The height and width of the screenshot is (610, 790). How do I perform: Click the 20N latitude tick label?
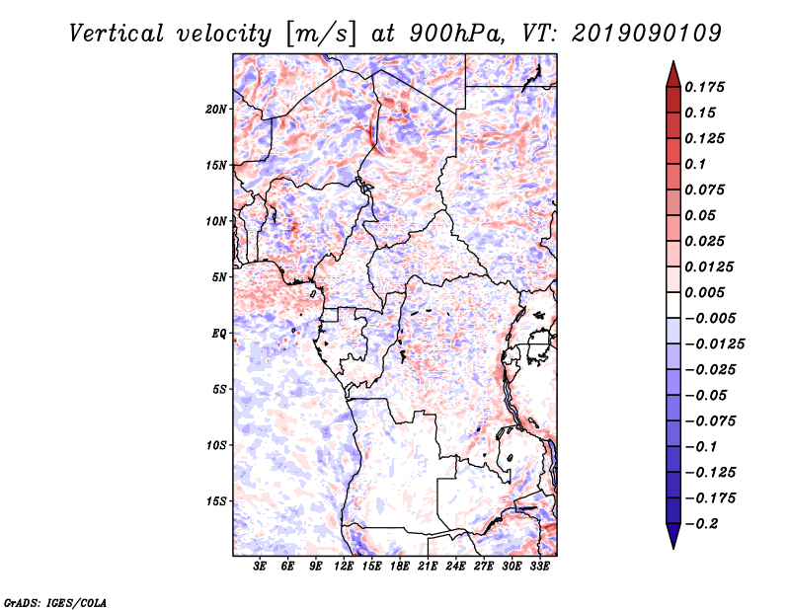click(215, 109)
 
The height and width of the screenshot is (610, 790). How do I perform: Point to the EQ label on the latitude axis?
click(219, 333)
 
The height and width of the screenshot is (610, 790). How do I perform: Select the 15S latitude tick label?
click(215, 501)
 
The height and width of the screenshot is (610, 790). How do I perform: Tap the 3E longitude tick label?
click(260, 566)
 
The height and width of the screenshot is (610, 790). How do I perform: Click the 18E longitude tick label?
click(400, 566)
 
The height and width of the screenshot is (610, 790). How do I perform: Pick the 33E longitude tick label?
click(539, 566)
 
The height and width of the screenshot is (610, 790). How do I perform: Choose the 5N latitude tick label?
click(219, 277)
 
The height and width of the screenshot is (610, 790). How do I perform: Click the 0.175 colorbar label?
click(704, 87)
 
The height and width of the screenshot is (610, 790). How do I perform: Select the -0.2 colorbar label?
click(701, 524)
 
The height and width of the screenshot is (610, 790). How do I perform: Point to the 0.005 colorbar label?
click(704, 292)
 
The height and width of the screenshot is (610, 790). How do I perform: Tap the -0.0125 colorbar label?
click(714, 344)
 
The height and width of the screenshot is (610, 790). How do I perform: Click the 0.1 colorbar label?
click(695, 164)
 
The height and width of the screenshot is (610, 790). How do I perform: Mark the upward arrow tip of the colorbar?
click(673, 61)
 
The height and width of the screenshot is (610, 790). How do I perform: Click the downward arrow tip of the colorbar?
click(673, 548)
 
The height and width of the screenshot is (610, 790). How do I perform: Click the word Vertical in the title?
click(117, 34)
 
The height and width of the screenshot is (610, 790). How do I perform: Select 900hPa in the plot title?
click(455, 34)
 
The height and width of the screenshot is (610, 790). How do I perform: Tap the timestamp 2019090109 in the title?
click(647, 34)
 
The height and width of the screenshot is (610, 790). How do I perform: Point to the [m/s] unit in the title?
click(321, 34)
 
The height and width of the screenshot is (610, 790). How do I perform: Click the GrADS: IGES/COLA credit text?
click(55, 602)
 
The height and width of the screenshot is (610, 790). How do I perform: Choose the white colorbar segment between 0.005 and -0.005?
click(673, 305)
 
